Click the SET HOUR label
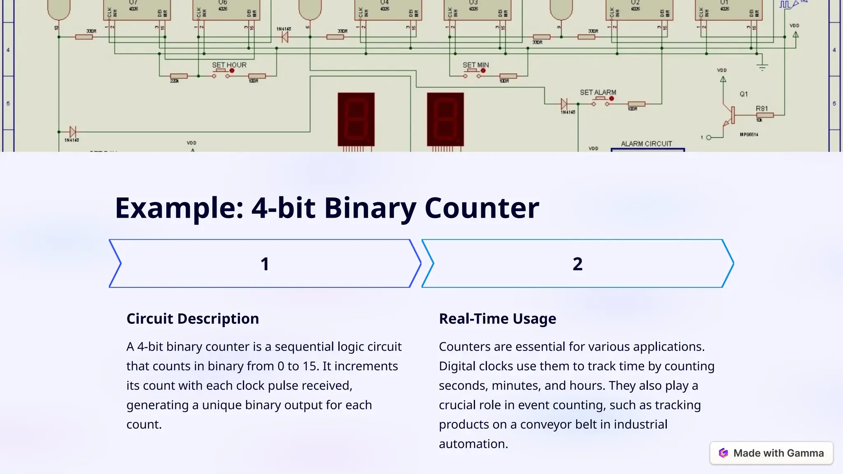tap(229, 65)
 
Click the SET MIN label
tap(475, 65)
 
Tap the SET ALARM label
tap(598, 93)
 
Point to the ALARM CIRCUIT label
tap(646, 144)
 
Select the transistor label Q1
tap(743, 94)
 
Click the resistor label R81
tap(761, 109)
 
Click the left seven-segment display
tap(356, 119)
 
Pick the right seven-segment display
tap(445, 119)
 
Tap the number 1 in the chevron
tap(265, 264)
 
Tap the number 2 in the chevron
tap(578, 264)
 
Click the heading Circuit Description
tap(193, 319)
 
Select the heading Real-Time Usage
tap(497, 319)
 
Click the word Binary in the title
tap(370, 208)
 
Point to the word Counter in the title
tap(482, 208)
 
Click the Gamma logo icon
tap(723, 453)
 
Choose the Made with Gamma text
tap(778, 453)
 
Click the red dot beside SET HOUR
tap(232, 71)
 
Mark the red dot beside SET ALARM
tap(612, 98)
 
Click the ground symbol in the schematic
tap(762, 67)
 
